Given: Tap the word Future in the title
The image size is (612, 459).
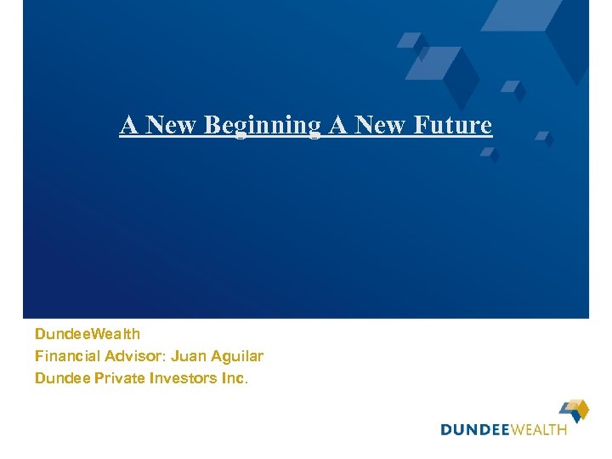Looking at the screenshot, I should (x=453, y=125).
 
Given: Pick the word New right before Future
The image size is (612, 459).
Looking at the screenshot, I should (x=382, y=125).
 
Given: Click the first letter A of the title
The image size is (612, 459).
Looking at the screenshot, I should (x=129, y=125).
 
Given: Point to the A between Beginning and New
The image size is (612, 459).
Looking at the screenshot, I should (x=337, y=125).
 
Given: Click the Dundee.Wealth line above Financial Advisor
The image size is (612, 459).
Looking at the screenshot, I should (x=88, y=334).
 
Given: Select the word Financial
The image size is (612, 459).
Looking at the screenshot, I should (x=65, y=356).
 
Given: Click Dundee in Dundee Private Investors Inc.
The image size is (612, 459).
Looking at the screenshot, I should (x=60, y=378).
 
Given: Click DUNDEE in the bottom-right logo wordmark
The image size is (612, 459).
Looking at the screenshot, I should (x=474, y=430).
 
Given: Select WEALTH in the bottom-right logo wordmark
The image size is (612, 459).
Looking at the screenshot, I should (x=539, y=430).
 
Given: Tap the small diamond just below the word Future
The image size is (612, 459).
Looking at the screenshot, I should (x=490, y=154).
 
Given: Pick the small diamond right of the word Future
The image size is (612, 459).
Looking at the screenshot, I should (x=544, y=137).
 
